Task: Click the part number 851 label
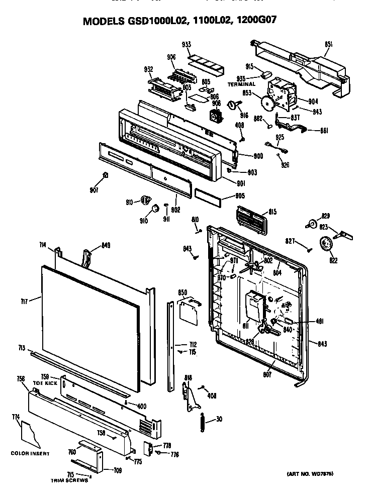point(328,45)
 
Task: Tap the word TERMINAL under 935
point(242,84)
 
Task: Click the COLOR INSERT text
point(30,454)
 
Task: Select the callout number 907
point(95,190)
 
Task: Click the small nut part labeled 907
point(105,175)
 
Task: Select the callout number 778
point(167,446)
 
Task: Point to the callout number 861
point(324,131)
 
